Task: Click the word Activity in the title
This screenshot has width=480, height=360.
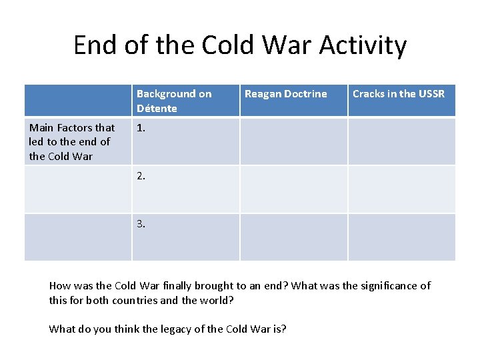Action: coord(363,45)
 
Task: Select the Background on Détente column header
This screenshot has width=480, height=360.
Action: coord(185,101)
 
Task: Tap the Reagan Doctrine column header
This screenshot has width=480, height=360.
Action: coord(293,101)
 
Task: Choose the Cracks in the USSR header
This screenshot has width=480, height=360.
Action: coord(401,101)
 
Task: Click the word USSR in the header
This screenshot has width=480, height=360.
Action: coord(431,94)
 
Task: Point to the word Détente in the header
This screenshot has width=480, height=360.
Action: coord(157,108)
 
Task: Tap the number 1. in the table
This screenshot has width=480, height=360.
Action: coord(141,128)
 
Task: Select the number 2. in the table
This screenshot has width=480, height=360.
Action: coord(141,176)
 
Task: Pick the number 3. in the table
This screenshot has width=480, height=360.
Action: coord(141,224)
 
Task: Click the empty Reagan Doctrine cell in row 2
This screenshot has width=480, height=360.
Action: coord(293,189)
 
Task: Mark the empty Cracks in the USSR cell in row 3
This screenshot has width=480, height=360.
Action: coord(401,237)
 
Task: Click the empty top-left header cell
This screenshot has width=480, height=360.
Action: coord(78,101)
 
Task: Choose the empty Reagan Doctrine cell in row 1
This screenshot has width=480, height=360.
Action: coord(293,142)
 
